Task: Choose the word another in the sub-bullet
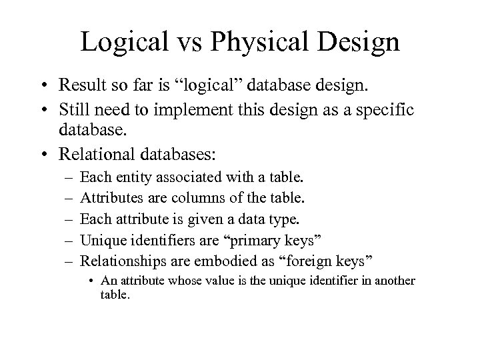(393, 281)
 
